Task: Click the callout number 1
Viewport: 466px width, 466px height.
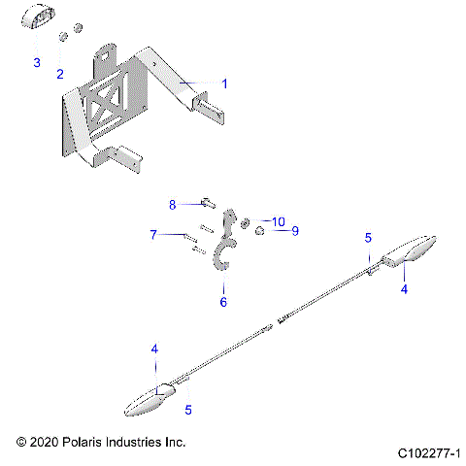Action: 224,84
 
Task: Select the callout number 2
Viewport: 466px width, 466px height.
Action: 59,74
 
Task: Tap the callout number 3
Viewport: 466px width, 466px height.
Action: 37,63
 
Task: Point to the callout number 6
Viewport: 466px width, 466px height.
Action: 222,303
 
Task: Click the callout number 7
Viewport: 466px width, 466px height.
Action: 152,234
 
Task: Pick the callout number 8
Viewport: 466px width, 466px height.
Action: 173,204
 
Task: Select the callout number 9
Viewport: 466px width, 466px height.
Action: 269,231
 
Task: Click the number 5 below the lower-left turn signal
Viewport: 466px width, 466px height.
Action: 189,410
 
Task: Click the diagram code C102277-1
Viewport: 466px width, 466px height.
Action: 428,453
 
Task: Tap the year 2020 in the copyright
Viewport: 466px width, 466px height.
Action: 43,442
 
